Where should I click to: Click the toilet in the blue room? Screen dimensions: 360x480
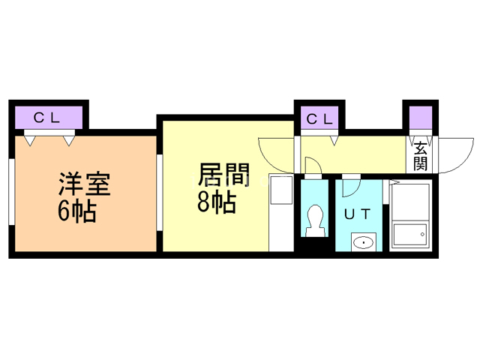pyautogui.click(x=314, y=219)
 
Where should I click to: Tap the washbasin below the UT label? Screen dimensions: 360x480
pyautogui.click(x=364, y=242)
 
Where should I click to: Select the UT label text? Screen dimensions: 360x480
pyautogui.click(x=357, y=214)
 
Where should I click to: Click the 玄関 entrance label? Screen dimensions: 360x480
pyautogui.click(x=419, y=156)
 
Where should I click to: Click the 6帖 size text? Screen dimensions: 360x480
pyautogui.click(x=76, y=212)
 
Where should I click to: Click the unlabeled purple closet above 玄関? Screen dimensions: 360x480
pyautogui.click(x=420, y=118)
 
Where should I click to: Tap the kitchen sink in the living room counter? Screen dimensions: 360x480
pyautogui.click(x=280, y=192)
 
